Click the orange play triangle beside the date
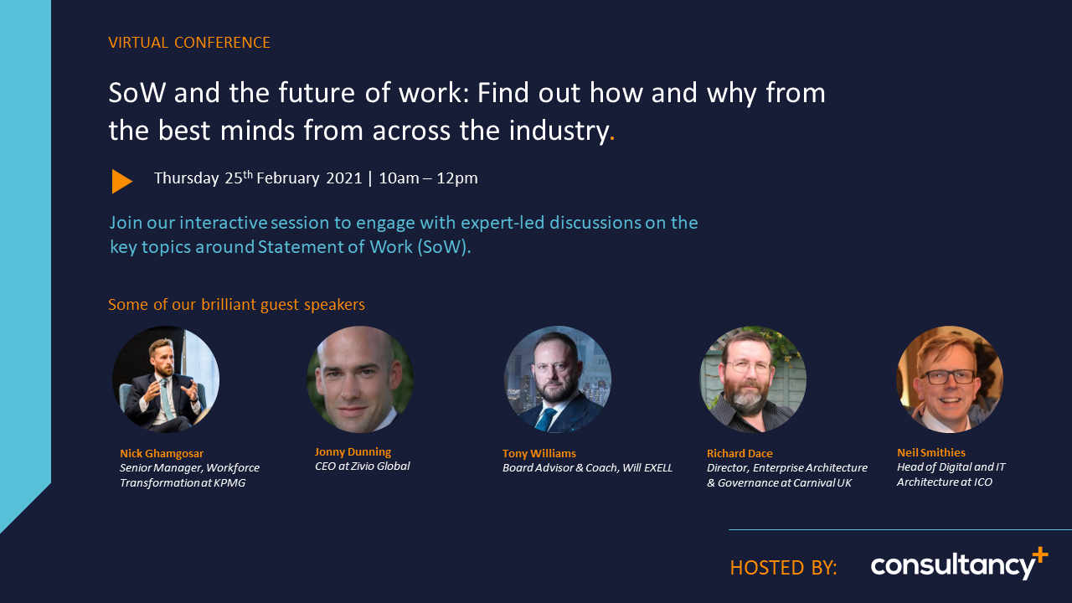(121, 182)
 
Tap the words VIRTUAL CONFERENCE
(189, 43)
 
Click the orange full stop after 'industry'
(612, 139)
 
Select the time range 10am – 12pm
(428, 178)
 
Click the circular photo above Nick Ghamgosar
(166, 379)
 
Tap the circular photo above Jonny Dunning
(360, 379)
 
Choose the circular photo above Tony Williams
(558, 379)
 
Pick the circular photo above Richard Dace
(753, 379)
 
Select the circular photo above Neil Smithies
(950, 379)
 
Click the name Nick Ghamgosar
(162, 454)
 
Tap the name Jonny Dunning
(353, 452)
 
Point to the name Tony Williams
(539, 454)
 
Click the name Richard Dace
(740, 454)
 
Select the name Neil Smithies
(931, 453)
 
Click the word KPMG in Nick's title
(229, 483)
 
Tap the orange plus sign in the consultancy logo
(1039, 556)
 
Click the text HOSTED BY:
(783, 568)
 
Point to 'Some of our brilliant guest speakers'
(236, 305)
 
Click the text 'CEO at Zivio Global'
(363, 466)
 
